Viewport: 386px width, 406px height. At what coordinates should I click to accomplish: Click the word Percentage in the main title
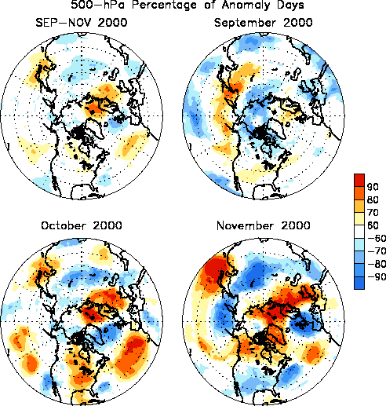point(164,5)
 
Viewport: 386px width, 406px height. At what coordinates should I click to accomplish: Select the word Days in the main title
point(290,5)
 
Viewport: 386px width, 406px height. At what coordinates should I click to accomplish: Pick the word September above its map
point(245,23)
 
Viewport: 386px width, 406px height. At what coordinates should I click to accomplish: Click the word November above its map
point(246,225)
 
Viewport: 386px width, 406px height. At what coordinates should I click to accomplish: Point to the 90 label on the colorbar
point(373,187)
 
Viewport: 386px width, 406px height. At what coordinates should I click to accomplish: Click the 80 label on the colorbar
point(373,199)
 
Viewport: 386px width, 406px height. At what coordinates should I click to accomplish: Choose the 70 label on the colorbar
point(373,213)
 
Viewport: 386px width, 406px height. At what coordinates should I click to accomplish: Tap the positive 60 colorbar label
point(373,225)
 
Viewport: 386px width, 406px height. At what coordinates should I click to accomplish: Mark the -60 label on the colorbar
point(377,238)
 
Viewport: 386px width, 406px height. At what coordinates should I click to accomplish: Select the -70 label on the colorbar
point(377,251)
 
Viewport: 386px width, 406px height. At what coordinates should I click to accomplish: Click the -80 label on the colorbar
point(377,264)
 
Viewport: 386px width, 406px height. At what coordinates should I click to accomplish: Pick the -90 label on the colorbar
point(377,276)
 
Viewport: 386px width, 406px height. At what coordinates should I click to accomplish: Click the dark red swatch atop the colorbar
point(359,180)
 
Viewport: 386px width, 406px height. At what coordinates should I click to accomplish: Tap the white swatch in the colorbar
point(359,232)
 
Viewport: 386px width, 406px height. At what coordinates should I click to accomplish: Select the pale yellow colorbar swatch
point(359,219)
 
